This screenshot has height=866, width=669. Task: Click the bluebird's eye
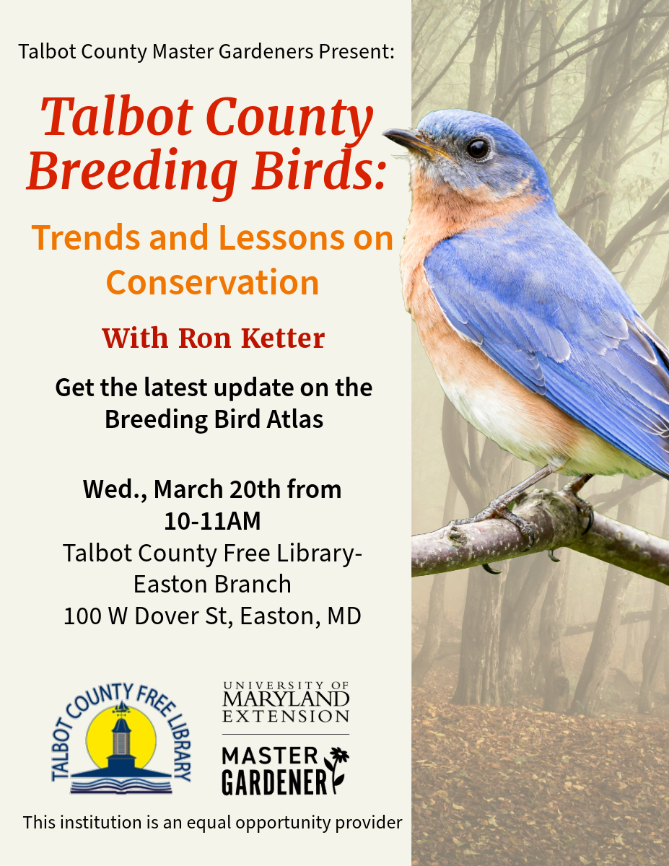click(477, 148)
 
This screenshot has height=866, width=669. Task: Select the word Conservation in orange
click(213, 282)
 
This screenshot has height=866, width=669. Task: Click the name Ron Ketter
click(252, 338)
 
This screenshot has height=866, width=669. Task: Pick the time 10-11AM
click(212, 521)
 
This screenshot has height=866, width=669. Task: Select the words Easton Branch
click(213, 584)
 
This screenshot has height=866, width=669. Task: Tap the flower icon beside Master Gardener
click(337, 768)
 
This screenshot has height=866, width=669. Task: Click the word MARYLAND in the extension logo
click(286, 699)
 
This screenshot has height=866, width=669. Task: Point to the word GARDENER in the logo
click(274, 783)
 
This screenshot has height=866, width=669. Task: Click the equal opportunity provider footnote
click(213, 822)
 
